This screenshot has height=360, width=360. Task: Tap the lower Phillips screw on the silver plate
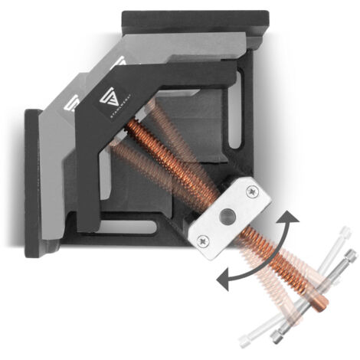pyautogui.click(x=204, y=241)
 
